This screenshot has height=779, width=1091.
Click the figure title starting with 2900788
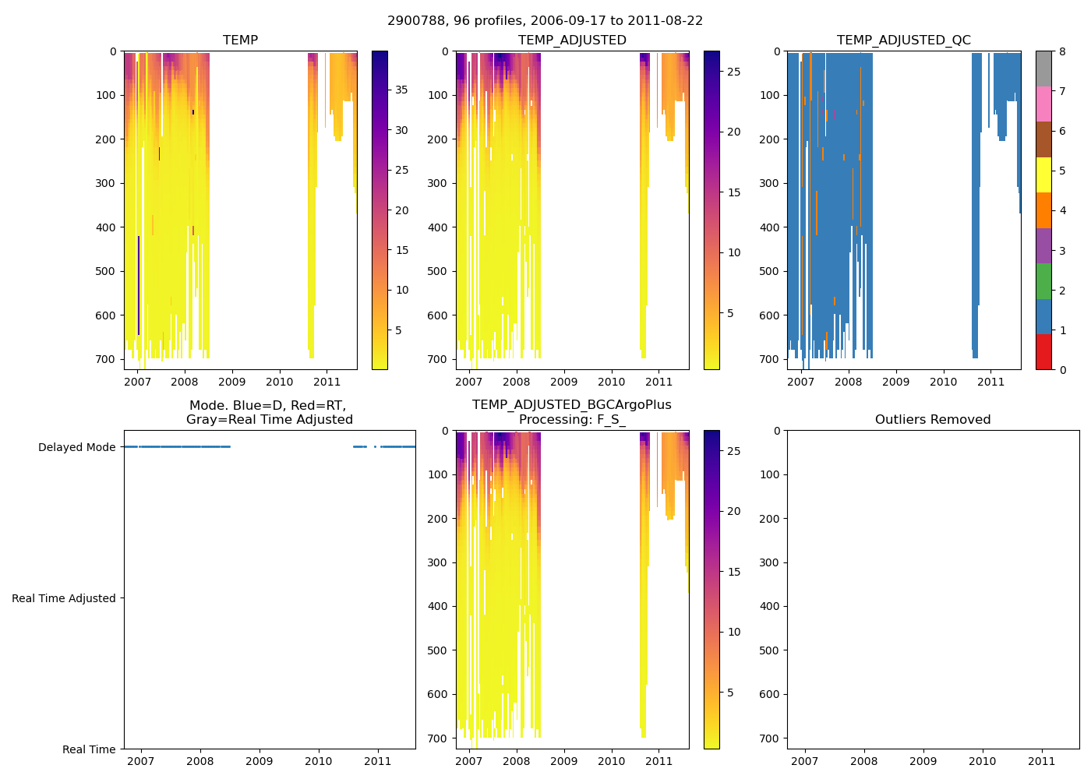[x=545, y=21]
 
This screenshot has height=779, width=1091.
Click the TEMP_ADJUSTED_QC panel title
[x=903, y=41]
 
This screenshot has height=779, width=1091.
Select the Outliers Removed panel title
[x=932, y=420]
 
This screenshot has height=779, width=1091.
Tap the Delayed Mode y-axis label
[x=76, y=448]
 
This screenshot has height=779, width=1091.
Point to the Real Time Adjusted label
[x=63, y=598]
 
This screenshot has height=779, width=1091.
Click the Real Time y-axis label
[x=89, y=749]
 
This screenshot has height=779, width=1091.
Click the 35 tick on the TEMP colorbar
[x=401, y=90]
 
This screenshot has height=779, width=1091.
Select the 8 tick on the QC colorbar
[x=1061, y=52]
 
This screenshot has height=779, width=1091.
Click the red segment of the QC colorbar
[x=1043, y=351]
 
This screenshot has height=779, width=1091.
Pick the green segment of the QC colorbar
[x=1043, y=280]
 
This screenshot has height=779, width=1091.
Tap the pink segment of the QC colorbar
[x=1043, y=104]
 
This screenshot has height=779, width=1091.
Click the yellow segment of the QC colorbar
[x=1043, y=174]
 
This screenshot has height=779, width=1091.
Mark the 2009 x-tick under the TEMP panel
[x=232, y=382]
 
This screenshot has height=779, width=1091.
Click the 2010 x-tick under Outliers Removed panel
[x=982, y=761]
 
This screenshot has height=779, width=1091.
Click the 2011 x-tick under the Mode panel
[x=377, y=761]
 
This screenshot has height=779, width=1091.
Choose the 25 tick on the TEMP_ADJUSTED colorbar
[x=733, y=72]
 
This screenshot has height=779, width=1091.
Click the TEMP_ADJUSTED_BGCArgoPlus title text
[x=571, y=405]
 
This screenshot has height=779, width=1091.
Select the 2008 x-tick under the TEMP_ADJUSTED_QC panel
[x=848, y=382]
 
